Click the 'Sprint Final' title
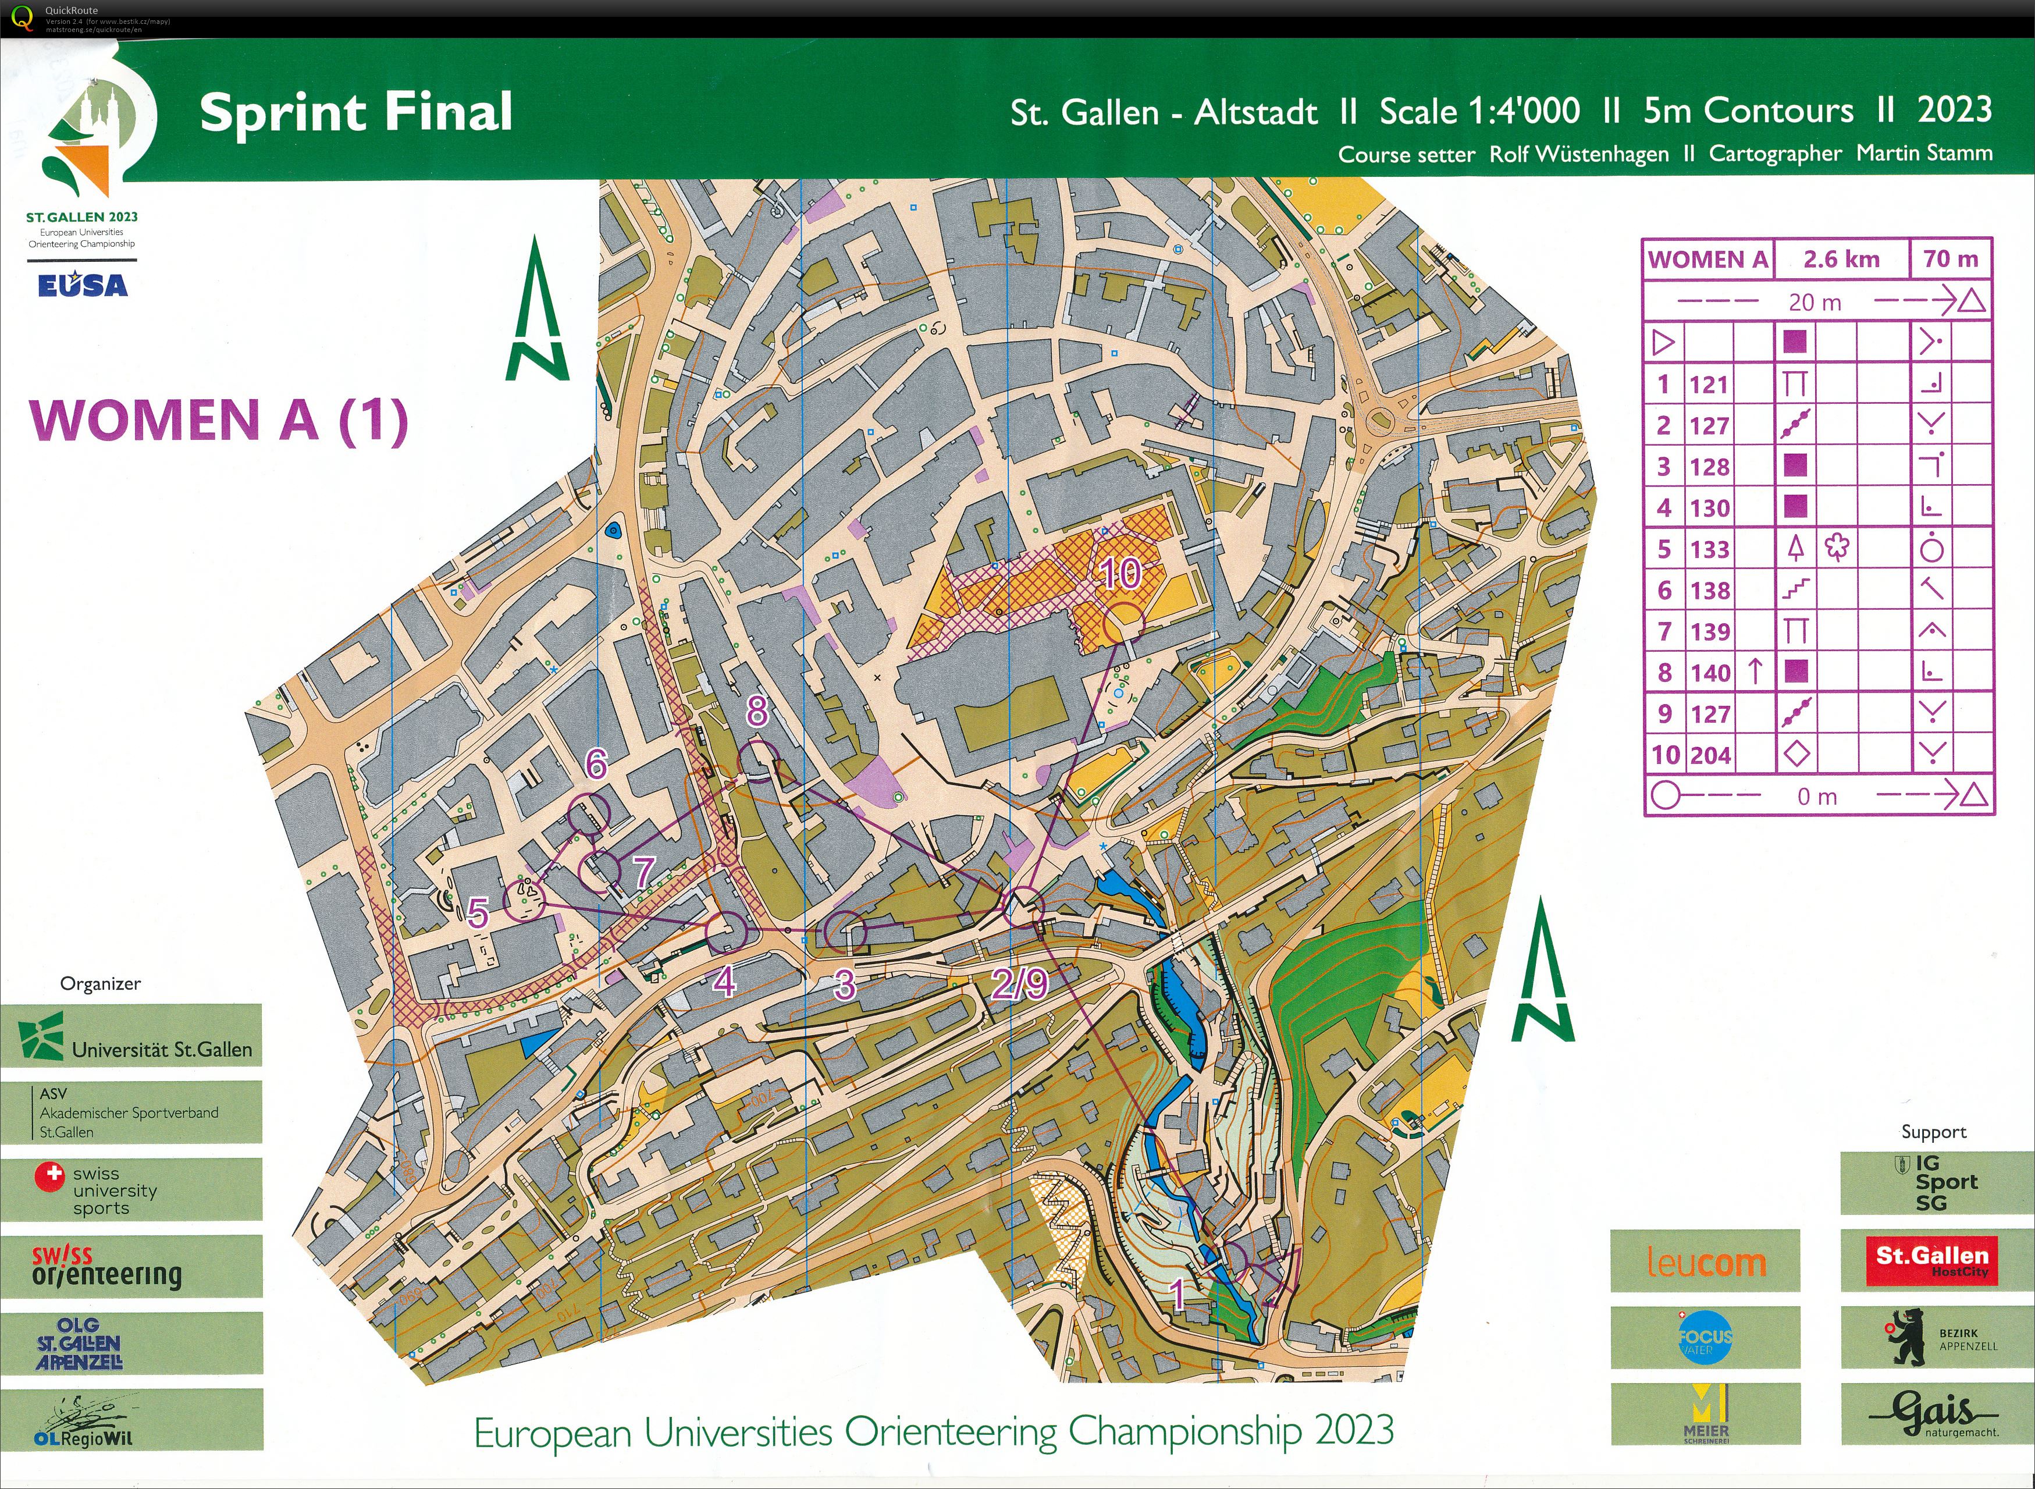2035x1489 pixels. click(x=356, y=113)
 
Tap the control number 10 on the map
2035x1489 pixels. click(x=1120, y=573)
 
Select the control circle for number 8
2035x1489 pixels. click(x=758, y=760)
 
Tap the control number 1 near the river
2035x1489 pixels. click(x=1177, y=1294)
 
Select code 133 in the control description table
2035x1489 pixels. click(x=1709, y=549)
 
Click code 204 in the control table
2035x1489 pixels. click(x=1709, y=755)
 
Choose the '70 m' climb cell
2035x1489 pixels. click(x=1950, y=260)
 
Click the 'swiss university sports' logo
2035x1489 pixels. click(x=131, y=1190)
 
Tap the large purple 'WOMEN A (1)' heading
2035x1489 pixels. click(x=219, y=420)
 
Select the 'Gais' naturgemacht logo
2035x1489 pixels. click(x=1931, y=1413)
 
